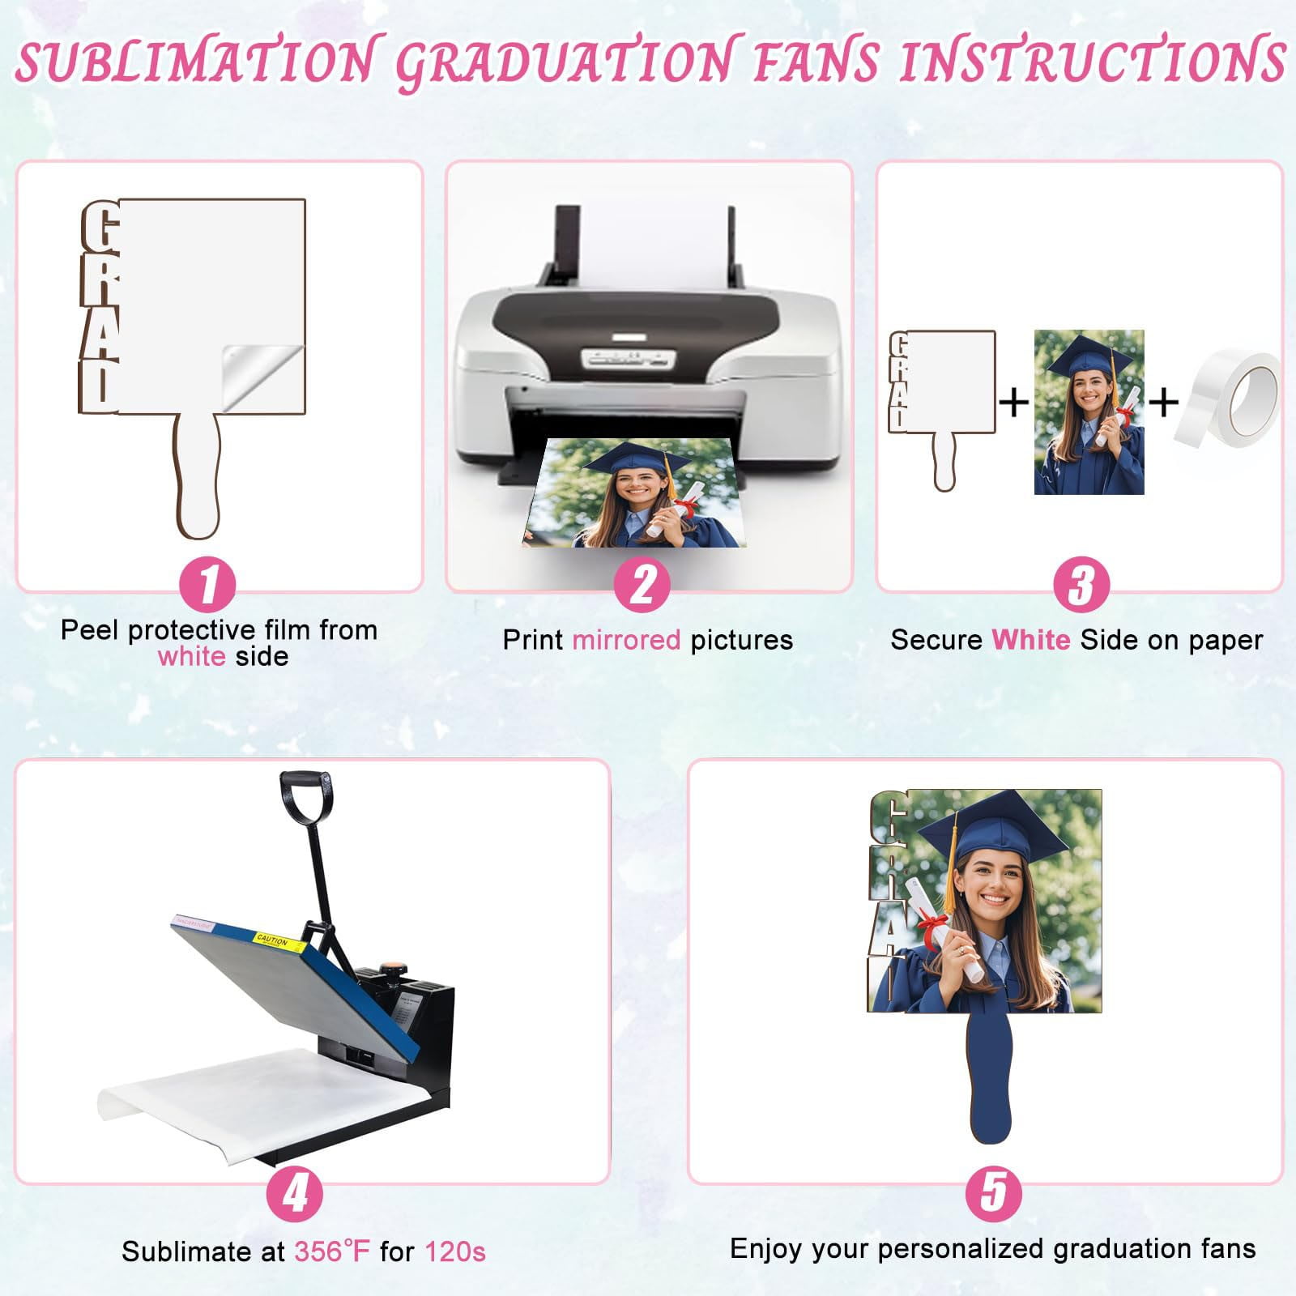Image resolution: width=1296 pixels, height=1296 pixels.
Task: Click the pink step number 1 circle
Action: [x=207, y=584]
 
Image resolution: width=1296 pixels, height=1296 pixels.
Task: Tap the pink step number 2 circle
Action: [x=642, y=584]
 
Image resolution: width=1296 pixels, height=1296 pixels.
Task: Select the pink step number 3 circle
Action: [x=1081, y=584]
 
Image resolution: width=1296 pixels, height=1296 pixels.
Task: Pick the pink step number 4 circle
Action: [x=295, y=1193]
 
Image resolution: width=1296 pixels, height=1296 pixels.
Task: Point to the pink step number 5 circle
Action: [x=994, y=1193]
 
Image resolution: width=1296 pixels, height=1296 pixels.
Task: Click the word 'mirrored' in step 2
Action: [x=626, y=640]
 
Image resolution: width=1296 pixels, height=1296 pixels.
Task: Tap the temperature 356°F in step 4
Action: [x=331, y=1251]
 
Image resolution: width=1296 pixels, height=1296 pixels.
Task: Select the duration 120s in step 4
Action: [x=455, y=1251]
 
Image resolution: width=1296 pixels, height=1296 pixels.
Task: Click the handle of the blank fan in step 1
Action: [x=198, y=478]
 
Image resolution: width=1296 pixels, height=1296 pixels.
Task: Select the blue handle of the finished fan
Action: [x=990, y=1077]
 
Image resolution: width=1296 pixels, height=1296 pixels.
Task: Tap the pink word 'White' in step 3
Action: [x=1030, y=640]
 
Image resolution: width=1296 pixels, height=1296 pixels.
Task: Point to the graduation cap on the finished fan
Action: [x=993, y=826]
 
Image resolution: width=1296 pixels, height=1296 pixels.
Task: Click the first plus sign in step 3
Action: [x=1014, y=402]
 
